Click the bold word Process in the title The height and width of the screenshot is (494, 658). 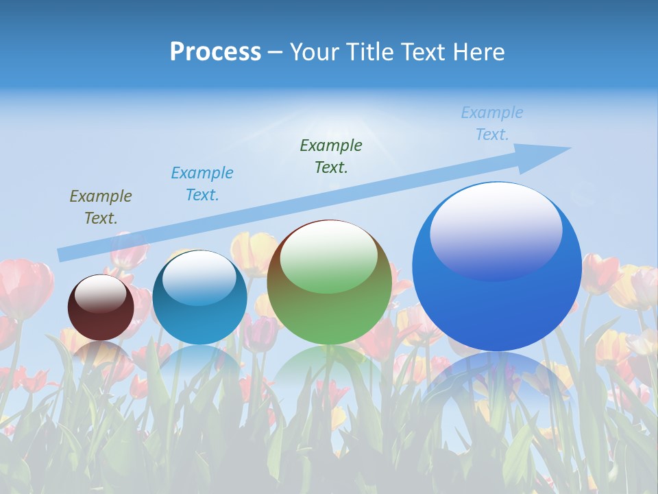click(215, 52)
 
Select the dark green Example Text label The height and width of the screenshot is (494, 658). click(331, 156)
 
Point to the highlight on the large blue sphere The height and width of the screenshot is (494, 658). click(496, 230)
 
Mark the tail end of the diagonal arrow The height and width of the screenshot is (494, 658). click(63, 255)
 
